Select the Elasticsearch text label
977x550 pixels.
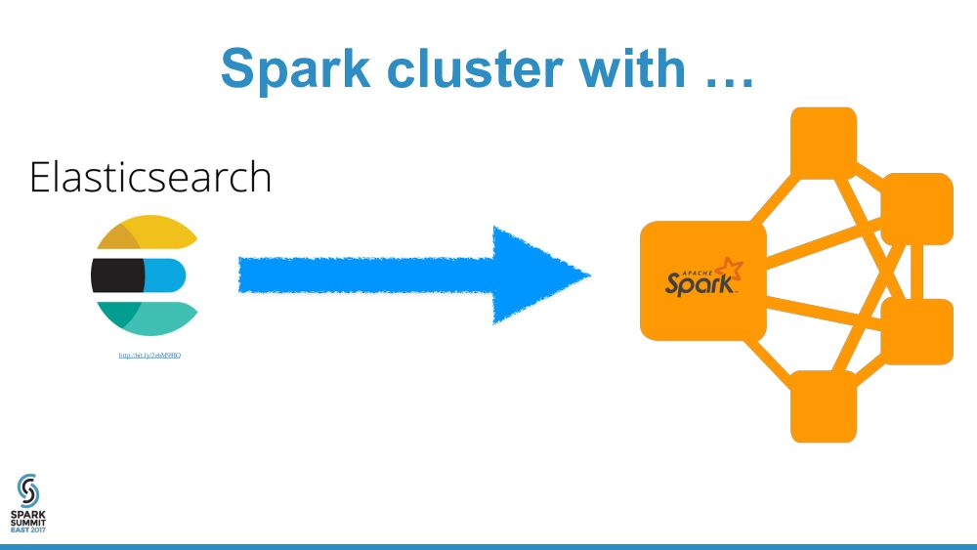click(149, 178)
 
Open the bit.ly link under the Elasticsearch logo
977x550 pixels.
click(149, 355)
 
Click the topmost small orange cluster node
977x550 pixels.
click(823, 140)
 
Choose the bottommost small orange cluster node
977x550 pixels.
click(823, 405)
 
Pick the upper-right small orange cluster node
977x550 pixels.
click(916, 208)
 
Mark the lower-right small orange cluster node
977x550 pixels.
click(916, 331)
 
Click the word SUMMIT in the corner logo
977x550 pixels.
click(28, 521)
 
